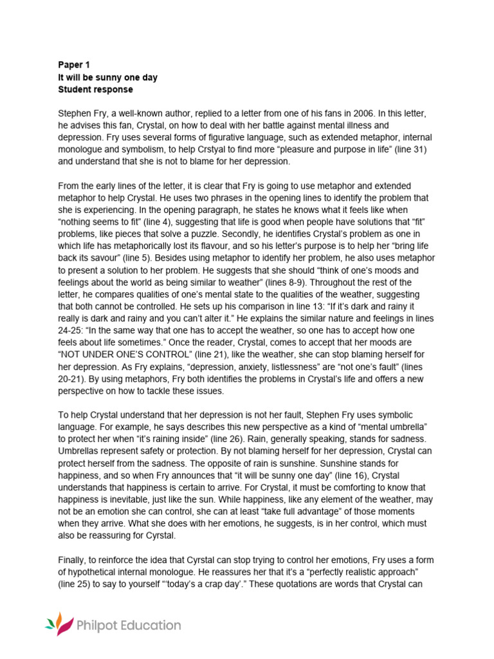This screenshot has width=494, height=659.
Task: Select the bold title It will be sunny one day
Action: point(107,77)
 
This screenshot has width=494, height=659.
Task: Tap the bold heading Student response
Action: point(95,89)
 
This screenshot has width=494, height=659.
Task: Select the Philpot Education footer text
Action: point(128,625)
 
